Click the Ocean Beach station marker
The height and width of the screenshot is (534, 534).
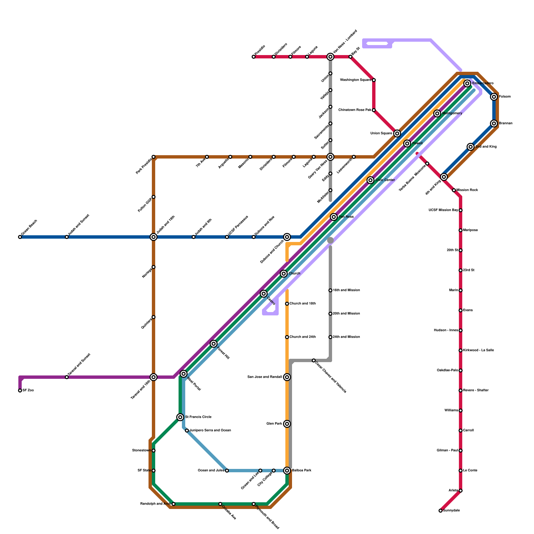[20, 237]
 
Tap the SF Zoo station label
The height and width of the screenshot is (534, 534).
[28, 390]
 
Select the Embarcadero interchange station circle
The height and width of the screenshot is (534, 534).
[467, 83]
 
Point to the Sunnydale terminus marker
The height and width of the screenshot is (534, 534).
[441, 511]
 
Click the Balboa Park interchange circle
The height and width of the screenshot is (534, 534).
[287, 471]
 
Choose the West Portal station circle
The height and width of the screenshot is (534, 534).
[184, 374]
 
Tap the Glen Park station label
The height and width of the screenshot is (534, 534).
[274, 424]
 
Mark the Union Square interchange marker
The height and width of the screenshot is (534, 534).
[397, 133]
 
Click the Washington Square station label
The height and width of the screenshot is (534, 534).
[355, 80]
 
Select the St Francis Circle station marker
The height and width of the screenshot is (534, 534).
[180, 417]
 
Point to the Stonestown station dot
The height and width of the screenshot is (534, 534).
[154, 451]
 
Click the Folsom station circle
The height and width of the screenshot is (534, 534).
[494, 97]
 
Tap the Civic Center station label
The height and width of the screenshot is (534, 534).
[385, 180]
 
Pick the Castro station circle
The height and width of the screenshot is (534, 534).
[264, 294]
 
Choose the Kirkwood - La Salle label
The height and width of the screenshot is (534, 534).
[478, 350]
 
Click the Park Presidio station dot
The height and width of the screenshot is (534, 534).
[154, 157]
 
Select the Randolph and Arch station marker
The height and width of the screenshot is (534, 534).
[174, 504]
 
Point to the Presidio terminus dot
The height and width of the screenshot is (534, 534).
[254, 57]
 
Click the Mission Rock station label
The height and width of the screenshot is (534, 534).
[467, 190]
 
